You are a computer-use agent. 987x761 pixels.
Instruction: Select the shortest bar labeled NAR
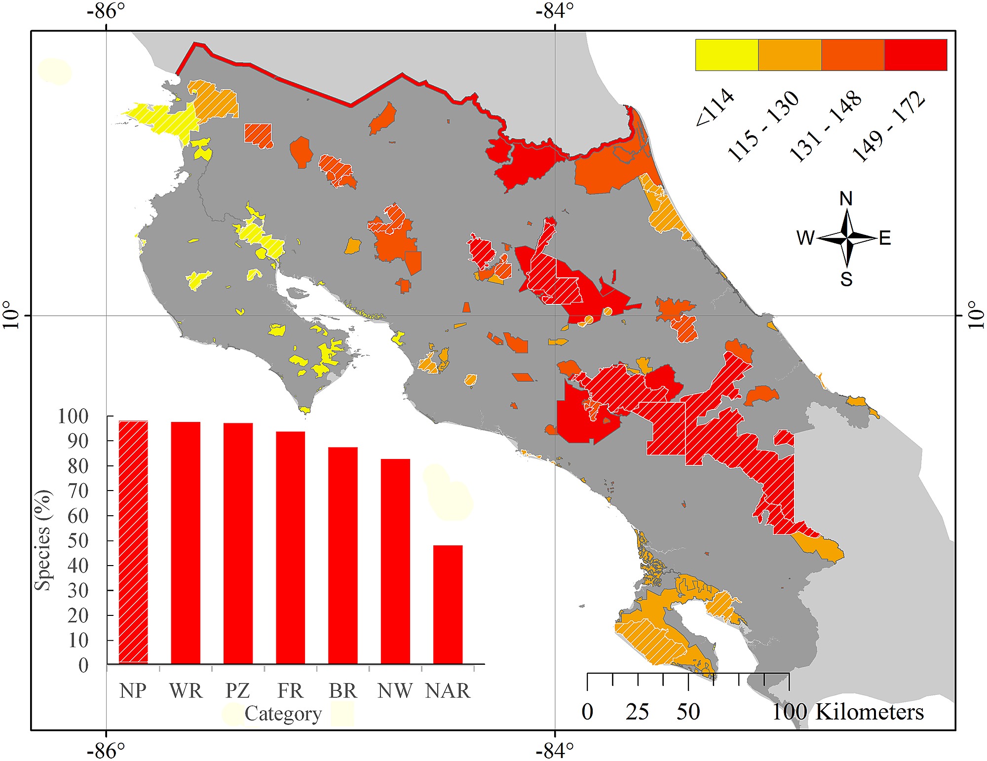click(448, 605)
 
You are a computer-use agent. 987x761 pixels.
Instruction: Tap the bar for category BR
click(343, 555)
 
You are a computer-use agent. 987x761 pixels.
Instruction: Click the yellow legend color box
click(726, 55)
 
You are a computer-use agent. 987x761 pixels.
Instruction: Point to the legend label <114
click(715, 108)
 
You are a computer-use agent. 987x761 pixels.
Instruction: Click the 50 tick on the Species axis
click(78, 541)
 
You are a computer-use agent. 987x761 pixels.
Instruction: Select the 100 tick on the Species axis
click(73, 417)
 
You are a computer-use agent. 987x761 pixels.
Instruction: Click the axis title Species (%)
click(43, 540)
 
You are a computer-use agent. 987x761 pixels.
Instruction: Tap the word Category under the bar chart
click(283, 714)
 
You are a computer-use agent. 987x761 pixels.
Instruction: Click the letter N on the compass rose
click(846, 199)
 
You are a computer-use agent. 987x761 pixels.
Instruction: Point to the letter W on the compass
click(805, 238)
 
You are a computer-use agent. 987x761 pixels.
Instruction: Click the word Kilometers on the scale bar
click(869, 712)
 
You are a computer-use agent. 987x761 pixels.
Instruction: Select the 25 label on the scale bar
click(637, 712)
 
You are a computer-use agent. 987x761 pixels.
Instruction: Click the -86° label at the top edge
click(106, 11)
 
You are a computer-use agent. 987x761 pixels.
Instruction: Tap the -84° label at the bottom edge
click(555, 751)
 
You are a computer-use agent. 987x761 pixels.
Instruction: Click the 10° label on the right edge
click(976, 315)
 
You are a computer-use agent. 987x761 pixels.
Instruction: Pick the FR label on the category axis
click(290, 691)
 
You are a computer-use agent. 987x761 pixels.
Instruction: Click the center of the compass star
click(847, 238)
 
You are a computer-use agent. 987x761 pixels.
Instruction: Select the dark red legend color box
click(915, 55)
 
